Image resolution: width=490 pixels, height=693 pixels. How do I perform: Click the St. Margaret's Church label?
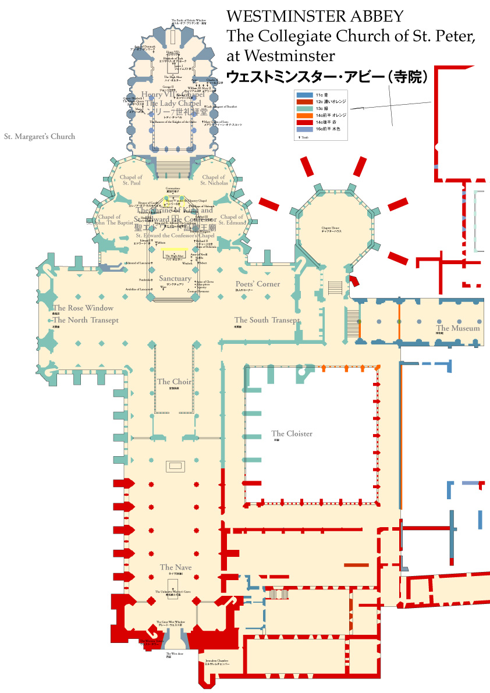coord(40,137)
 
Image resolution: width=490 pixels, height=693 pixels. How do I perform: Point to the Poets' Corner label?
coord(258,284)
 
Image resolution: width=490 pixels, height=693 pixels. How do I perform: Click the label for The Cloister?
coord(292,433)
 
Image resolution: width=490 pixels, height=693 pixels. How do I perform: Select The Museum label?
coord(458,328)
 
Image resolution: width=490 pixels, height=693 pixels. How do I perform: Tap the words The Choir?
coord(174,382)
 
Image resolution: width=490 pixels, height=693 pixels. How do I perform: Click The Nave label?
coord(176,567)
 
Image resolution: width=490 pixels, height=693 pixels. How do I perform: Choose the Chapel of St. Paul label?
coord(130,180)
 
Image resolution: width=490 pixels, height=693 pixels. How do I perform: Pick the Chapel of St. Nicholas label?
coord(214,180)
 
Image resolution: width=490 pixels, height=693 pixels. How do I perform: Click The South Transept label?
coord(267,320)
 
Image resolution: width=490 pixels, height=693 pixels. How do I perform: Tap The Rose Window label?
coord(83,308)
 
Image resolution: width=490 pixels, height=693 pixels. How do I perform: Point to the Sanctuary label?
coord(175,279)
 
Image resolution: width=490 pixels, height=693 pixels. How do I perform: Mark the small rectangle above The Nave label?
coord(174,466)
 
